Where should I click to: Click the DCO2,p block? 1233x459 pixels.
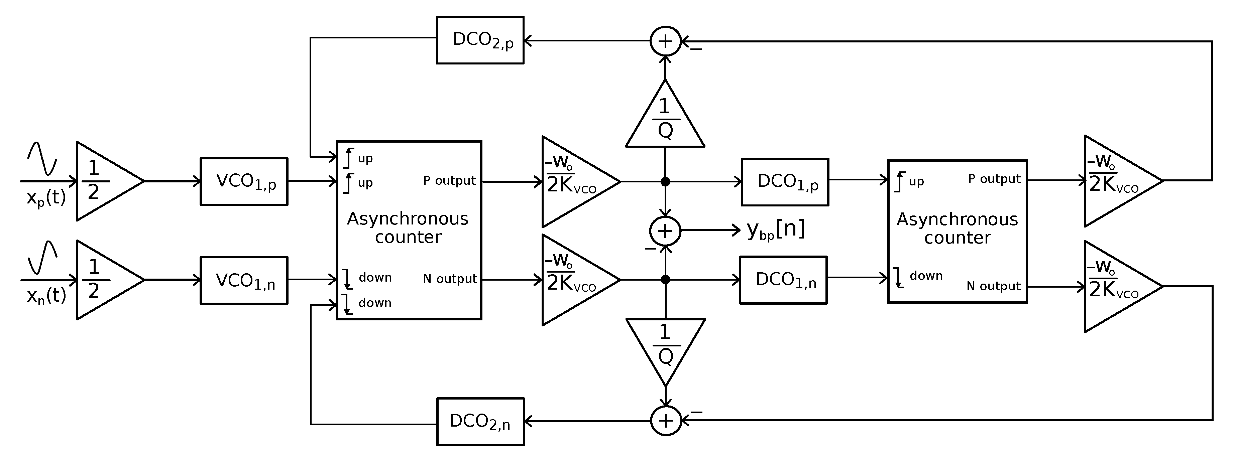point(480,40)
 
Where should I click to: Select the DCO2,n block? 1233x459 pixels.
point(480,422)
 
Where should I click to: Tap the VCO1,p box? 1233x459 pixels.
point(244,182)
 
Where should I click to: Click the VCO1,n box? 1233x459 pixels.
point(244,280)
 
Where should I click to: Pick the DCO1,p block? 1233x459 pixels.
point(785,182)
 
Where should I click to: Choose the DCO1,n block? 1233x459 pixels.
point(783,280)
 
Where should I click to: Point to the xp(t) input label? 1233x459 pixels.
point(46,197)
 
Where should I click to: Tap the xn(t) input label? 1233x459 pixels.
point(46,296)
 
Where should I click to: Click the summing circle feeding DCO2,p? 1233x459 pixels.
point(665,41)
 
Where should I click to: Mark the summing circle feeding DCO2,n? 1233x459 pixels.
point(666,421)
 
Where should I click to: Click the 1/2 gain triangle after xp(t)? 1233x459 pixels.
point(103,181)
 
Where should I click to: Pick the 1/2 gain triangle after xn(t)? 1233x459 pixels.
point(103,280)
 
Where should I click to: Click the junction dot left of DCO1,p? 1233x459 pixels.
point(665,182)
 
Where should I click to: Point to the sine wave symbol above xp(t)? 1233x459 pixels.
point(42,158)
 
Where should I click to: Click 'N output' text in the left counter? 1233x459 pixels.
point(450,279)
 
